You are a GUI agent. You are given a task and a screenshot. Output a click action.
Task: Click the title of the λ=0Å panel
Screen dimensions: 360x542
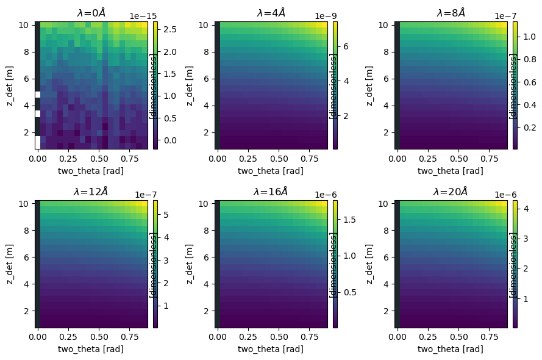(91, 12)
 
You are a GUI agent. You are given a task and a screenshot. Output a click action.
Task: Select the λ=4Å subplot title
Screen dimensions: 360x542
(271, 12)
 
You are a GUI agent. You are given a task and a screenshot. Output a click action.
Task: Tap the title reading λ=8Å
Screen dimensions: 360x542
(451, 12)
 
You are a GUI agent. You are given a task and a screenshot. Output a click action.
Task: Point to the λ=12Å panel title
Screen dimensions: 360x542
(91, 192)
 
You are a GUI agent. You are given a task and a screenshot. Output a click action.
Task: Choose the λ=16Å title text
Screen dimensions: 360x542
(271, 192)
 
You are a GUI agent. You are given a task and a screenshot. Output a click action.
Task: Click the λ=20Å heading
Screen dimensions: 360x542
(451, 192)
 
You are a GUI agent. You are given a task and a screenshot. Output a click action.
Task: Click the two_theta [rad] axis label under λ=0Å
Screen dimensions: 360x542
(91, 170)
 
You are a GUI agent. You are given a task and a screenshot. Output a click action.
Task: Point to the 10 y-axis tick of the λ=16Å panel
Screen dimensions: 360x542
(205, 204)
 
